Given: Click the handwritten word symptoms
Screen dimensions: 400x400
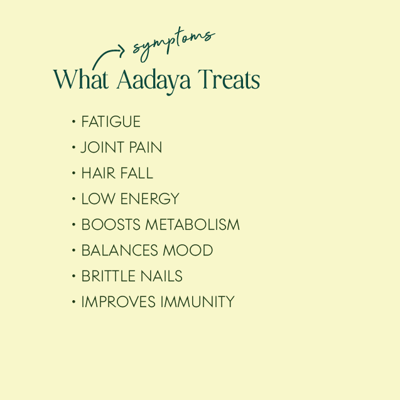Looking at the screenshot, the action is [174, 44].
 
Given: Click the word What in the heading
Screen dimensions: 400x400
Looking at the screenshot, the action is [81, 79].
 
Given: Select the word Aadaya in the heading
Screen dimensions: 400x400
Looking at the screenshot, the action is [154, 82].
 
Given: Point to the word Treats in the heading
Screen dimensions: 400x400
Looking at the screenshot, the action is [229, 79].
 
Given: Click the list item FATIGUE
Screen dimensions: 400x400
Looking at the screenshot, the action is [111, 121].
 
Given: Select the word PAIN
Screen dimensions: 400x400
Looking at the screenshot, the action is [146, 147].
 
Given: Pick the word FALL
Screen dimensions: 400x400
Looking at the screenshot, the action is [137, 173].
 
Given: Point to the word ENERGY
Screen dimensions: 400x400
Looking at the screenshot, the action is [150, 198].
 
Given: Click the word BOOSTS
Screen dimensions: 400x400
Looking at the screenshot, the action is [111, 225].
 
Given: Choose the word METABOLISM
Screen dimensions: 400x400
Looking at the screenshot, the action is [193, 225].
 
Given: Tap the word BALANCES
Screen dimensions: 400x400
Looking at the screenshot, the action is [120, 251].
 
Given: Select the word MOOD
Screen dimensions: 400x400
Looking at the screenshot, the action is [188, 251].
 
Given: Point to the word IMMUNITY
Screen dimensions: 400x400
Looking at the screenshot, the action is [197, 302].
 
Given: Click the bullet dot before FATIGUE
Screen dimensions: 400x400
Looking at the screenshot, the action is [73, 122].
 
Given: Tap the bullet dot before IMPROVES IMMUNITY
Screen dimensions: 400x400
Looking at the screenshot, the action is [73, 302].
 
